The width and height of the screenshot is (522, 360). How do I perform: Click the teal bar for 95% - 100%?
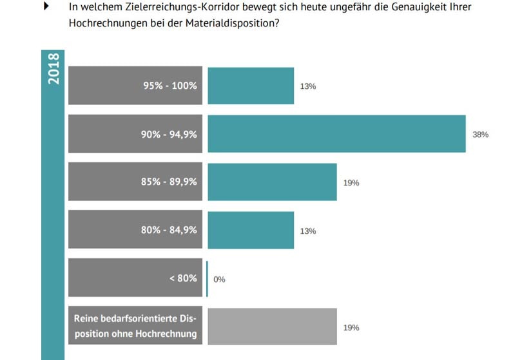(x=251, y=86)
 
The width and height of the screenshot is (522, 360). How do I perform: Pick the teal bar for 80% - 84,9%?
(x=251, y=230)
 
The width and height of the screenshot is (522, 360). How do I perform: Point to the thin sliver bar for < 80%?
(x=207, y=279)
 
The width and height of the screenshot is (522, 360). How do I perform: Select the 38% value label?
(x=481, y=135)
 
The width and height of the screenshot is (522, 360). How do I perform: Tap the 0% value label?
(x=219, y=279)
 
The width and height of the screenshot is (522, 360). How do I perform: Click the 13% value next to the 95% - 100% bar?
(x=308, y=86)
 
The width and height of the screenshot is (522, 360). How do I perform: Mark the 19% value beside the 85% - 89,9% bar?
(x=351, y=183)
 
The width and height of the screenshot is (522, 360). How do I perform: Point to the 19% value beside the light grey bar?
(x=351, y=328)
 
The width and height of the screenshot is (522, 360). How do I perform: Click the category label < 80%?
(x=183, y=278)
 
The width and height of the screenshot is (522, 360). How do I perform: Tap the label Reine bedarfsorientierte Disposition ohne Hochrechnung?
(x=135, y=327)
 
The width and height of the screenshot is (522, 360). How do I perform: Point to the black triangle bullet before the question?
(x=46, y=6)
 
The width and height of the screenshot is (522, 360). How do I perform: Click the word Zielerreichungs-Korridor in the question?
(x=166, y=8)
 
